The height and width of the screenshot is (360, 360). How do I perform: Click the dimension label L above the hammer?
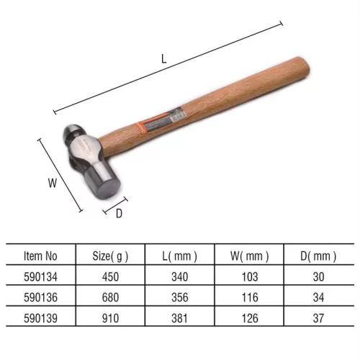164,59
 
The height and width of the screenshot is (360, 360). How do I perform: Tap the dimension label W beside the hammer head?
53,183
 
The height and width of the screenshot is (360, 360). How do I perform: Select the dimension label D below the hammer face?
119,213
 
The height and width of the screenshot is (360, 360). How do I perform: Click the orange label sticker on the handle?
161,120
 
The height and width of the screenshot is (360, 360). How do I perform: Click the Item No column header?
40,256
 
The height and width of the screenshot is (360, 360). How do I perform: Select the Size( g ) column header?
110,256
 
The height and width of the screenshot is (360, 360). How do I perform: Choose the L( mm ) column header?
180,256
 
